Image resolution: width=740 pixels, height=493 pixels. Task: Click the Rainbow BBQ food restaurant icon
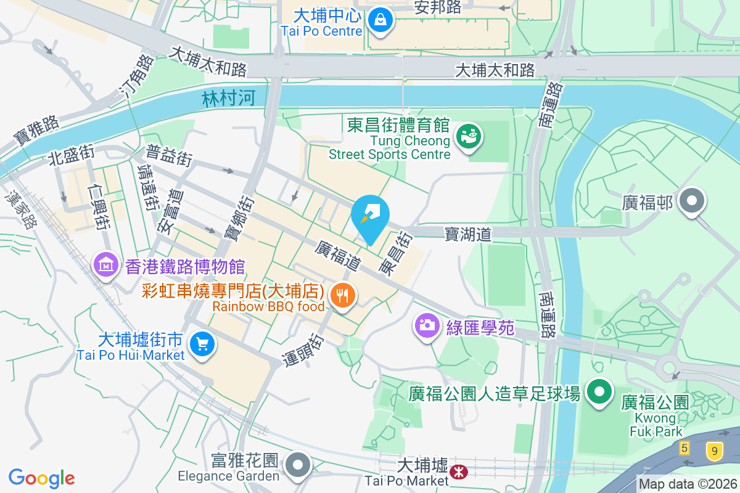341,295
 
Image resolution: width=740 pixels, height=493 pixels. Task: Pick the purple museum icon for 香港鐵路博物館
105,266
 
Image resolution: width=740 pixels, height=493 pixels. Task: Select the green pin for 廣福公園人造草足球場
598,391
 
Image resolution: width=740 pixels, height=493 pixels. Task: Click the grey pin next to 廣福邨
692,201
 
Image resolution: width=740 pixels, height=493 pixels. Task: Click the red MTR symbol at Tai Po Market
458,472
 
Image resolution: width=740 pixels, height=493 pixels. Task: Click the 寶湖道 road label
469,234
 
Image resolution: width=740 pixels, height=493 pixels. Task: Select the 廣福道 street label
337,256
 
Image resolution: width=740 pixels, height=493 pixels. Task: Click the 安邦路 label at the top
438,7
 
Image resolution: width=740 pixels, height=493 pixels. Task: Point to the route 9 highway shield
714,450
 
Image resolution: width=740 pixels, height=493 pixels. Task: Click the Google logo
41,478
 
